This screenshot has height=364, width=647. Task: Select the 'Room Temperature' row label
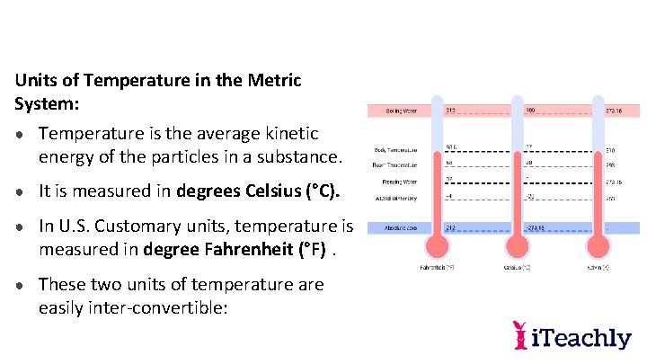(395, 165)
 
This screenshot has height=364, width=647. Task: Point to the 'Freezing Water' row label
(396, 182)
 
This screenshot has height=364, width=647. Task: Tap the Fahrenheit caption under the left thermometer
(436, 268)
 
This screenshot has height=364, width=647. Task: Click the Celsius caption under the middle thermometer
(518, 268)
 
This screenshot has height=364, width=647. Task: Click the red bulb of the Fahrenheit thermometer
(437, 245)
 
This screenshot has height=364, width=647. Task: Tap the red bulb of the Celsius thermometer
(518, 245)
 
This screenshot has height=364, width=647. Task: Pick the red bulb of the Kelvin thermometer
(598, 245)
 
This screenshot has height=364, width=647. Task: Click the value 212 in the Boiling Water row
(452, 111)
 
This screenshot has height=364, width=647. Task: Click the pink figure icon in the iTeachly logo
(519, 334)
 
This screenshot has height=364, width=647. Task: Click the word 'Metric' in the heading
(270, 80)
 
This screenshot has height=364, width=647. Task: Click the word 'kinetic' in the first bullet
(288, 134)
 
